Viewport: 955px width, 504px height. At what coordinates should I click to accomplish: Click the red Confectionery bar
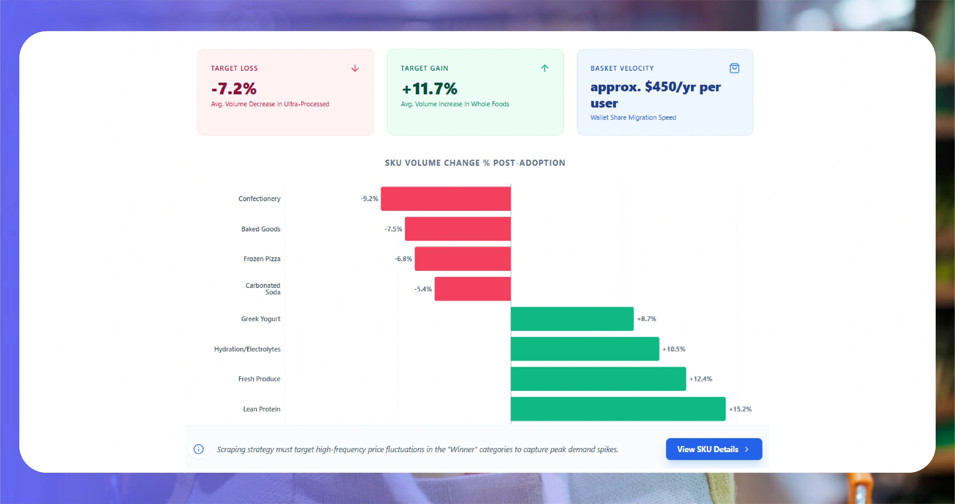(x=446, y=199)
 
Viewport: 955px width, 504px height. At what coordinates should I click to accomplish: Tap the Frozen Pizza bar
(x=463, y=259)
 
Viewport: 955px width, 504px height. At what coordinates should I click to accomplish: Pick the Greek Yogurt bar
(x=572, y=319)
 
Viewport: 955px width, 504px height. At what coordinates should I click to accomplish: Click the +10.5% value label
(x=674, y=349)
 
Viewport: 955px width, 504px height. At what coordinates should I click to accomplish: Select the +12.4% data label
(x=700, y=379)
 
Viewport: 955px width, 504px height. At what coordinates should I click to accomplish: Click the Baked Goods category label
(x=261, y=229)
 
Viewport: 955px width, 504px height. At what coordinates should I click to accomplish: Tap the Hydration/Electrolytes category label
(x=247, y=349)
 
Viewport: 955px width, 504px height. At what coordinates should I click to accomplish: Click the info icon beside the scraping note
(x=199, y=449)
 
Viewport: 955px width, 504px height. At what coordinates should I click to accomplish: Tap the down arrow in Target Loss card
(x=355, y=68)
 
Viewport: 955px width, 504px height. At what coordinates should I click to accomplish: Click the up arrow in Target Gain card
(x=544, y=68)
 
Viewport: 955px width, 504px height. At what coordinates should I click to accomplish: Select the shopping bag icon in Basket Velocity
(x=734, y=68)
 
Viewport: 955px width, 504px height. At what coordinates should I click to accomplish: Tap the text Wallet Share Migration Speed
(x=633, y=117)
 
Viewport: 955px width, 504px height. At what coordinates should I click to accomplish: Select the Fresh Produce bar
(x=598, y=379)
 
